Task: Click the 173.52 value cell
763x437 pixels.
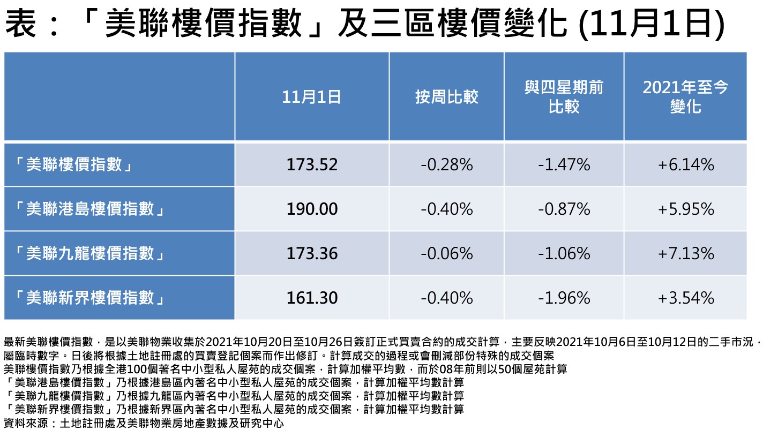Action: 312,164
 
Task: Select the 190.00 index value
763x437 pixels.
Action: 312,209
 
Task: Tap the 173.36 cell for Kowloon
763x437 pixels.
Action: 312,253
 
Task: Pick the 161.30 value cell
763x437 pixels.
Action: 312,297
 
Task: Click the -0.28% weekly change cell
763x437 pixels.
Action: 446,164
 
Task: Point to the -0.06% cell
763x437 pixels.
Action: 446,253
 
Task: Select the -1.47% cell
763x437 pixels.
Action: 564,164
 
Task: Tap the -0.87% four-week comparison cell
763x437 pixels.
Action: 564,209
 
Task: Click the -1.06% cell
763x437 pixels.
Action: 564,253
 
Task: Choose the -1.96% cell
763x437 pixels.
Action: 564,297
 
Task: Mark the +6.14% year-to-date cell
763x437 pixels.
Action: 685,164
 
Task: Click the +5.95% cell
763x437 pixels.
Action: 685,209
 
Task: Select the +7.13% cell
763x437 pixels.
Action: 685,253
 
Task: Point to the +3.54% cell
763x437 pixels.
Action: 685,297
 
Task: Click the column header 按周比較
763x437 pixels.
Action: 446,97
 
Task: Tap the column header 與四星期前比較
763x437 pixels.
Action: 564,97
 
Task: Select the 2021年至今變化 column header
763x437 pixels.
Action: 685,97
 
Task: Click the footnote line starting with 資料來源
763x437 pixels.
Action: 143,424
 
